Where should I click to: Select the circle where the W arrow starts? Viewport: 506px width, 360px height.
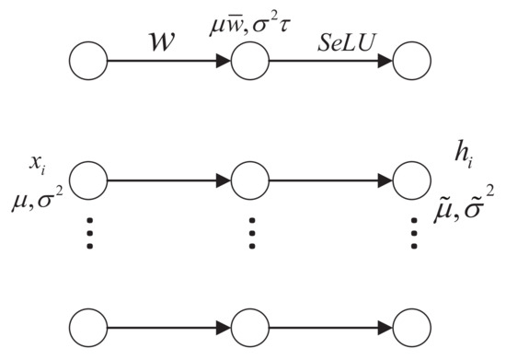[88, 62]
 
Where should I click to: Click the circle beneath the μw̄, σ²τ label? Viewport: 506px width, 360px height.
[249, 62]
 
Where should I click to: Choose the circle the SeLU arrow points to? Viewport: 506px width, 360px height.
[411, 62]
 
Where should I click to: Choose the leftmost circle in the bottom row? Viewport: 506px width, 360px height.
[88, 327]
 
